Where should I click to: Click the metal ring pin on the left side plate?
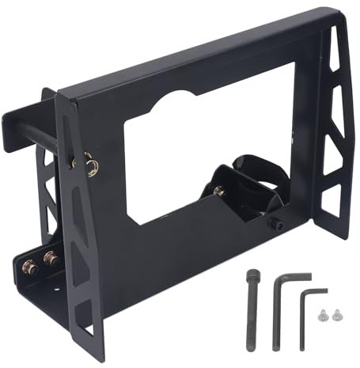[92, 165]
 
